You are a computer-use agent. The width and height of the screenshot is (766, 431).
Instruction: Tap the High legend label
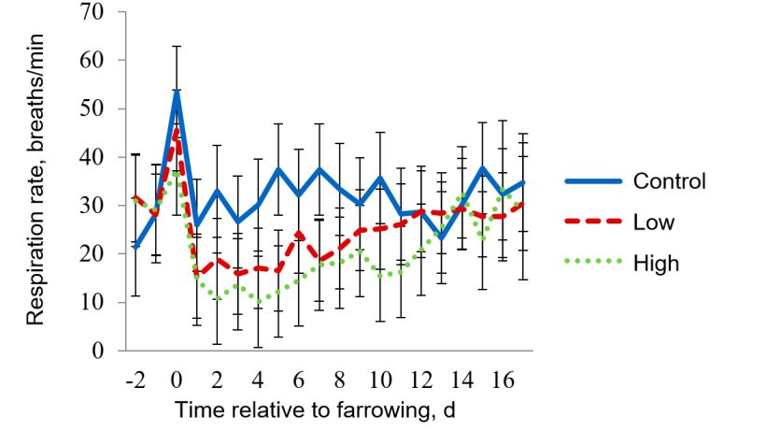[x=655, y=264]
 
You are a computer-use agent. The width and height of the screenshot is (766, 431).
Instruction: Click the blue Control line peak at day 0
[x=177, y=92]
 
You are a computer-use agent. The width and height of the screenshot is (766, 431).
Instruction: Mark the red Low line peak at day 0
[x=177, y=131]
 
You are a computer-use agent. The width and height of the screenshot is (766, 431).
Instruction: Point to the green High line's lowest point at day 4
[x=259, y=302]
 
